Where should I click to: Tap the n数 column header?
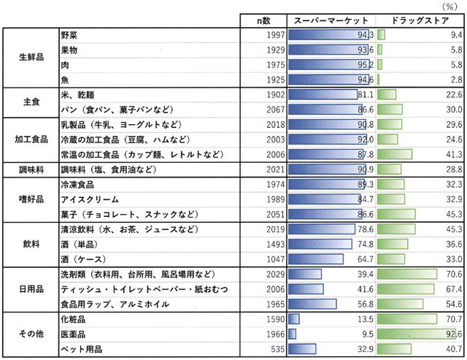pos(263,20)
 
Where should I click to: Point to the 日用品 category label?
pos(30,289)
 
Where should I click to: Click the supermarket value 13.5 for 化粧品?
pos(365,320)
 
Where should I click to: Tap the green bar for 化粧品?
pos(406,320)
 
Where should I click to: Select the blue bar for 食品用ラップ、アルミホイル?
pos(312,305)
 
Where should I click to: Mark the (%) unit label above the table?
pos(454,5)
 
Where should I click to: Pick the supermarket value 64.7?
pos(365,258)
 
